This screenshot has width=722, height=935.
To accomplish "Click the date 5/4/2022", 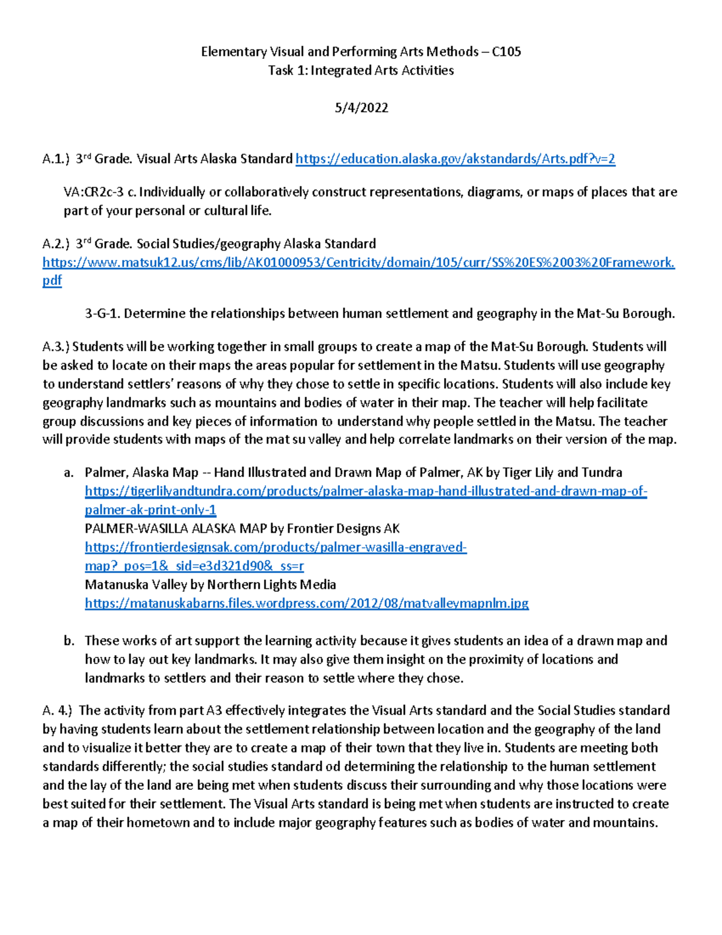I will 361,108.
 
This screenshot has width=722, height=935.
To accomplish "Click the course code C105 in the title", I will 506,52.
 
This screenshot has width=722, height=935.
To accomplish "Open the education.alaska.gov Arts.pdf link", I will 455,159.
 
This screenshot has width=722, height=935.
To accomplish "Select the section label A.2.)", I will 56,244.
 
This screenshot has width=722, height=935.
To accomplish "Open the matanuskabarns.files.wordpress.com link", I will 306,603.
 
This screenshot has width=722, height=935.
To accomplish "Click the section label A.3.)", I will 56,347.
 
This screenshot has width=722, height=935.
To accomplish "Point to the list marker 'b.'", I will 69,641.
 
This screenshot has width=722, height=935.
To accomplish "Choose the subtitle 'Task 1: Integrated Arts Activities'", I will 361,70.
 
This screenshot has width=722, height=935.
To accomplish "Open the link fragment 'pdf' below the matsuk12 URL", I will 52,281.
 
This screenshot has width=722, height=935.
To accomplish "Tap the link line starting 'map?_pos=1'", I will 194,566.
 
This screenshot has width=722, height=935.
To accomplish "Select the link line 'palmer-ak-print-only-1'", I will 150,510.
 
